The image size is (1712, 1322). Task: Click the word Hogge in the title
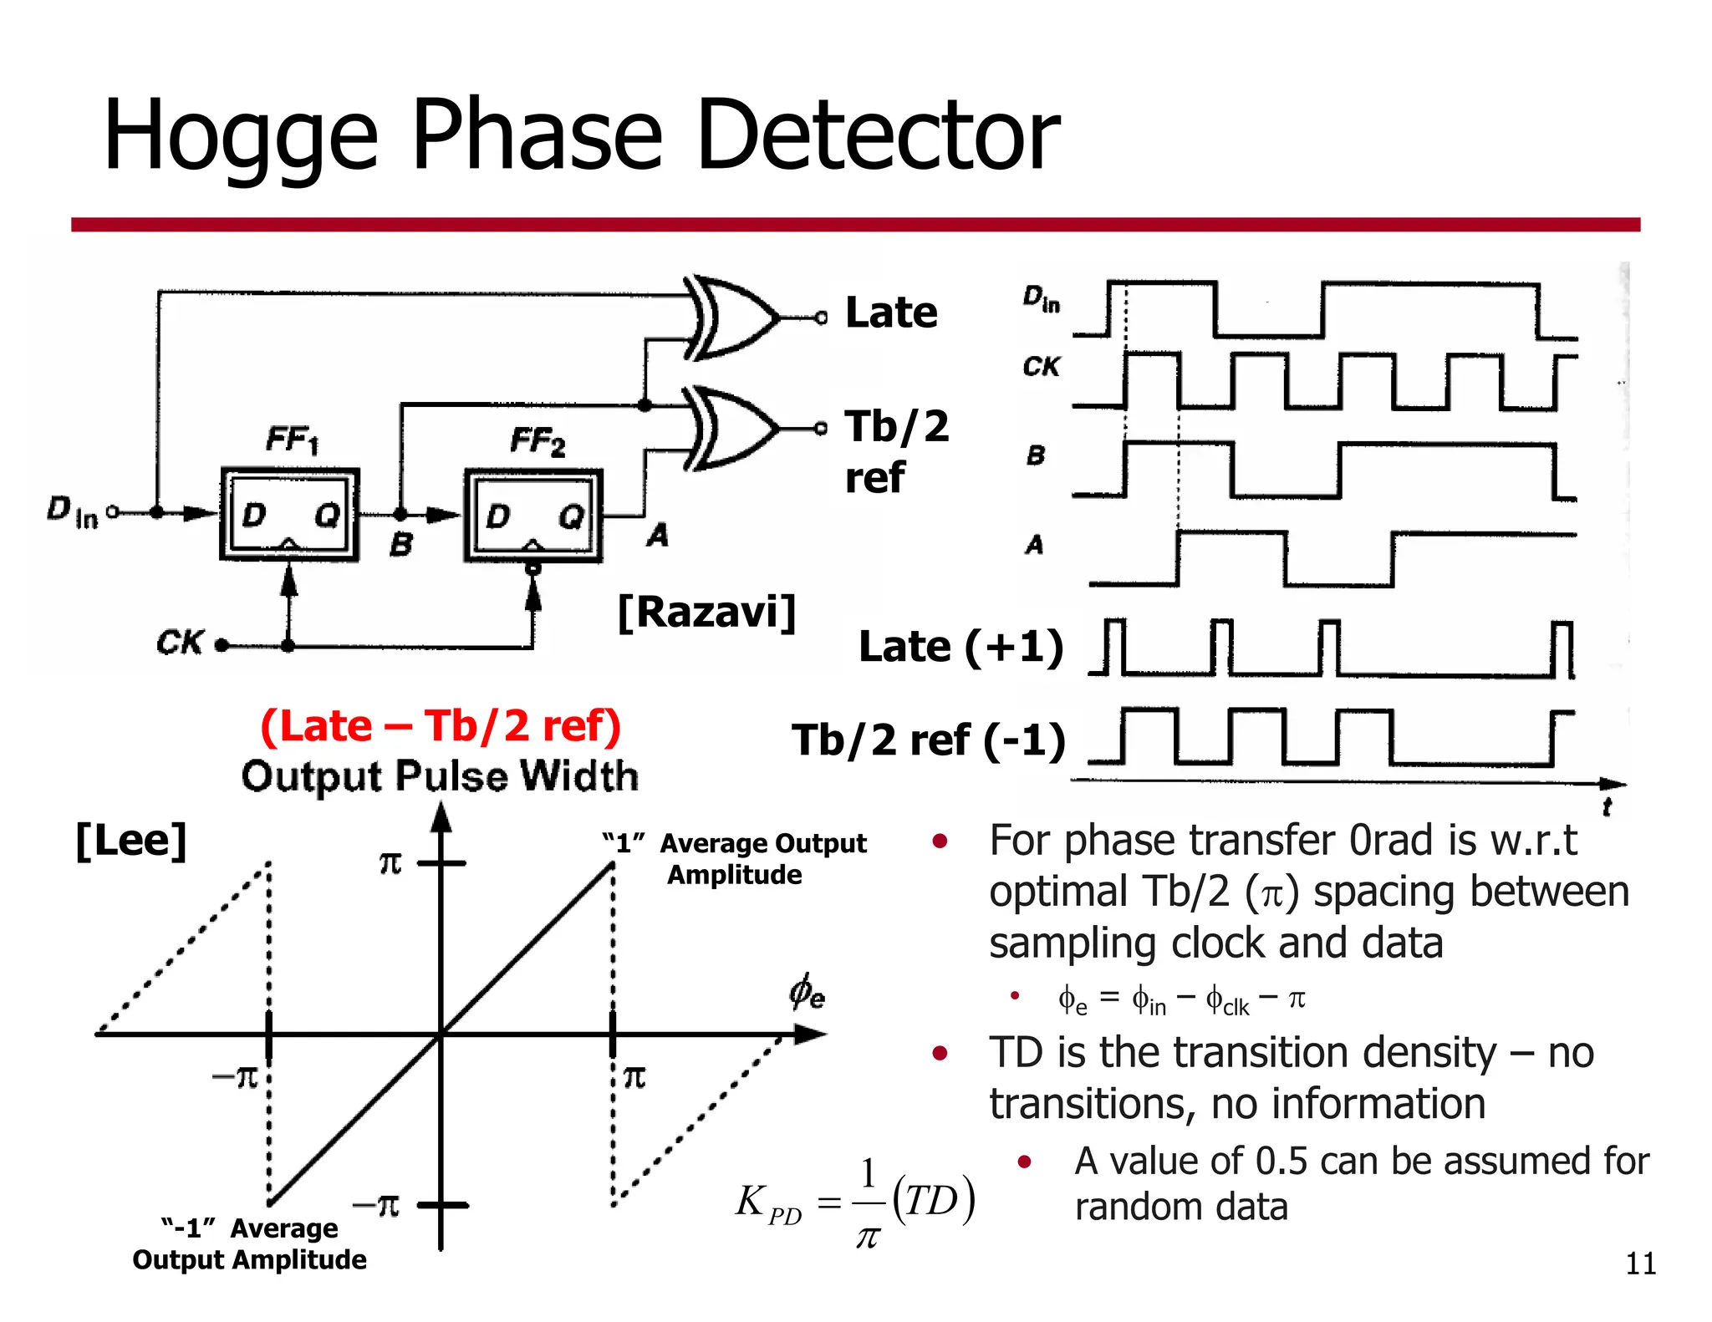coord(240,136)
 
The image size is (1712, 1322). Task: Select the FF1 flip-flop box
coord(289,515)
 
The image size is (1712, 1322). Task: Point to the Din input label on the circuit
coord(72,511)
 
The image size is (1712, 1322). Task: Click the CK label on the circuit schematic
coord(179,642)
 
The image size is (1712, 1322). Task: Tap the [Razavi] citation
coord(706,613)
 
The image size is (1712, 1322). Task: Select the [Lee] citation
coord(130,840)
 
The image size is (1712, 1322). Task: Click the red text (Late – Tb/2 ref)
coord(441,725)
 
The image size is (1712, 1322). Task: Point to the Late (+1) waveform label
coord(960,647)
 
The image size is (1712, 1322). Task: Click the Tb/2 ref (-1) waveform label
coord(929,740)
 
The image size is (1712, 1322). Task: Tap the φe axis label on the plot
coord(807,992)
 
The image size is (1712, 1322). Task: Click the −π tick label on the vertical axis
coord(376,1205)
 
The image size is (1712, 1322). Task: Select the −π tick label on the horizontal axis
coord(236,1076)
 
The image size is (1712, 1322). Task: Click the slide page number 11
coord(1640,1264)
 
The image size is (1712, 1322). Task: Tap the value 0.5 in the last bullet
coord(1281,1161)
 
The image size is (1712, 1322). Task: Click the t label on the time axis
coord(1606,807)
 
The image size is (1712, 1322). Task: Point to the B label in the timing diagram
coord(1035,455)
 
